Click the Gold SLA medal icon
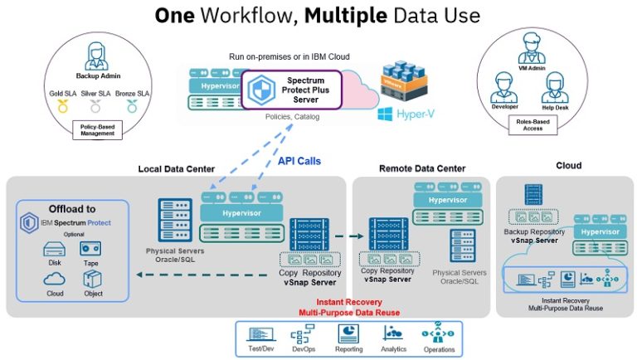[61, 106]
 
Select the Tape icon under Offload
[92, 249]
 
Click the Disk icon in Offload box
[54, 249]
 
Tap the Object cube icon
[92, 279]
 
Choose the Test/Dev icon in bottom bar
[262, 334]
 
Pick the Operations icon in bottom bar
[437, 334]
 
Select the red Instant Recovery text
[349, 302]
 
